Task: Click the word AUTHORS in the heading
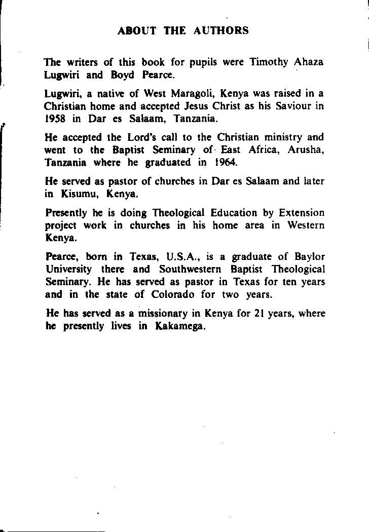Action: (221, 30)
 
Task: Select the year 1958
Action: (55, 120)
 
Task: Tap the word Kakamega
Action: (181, 326)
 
